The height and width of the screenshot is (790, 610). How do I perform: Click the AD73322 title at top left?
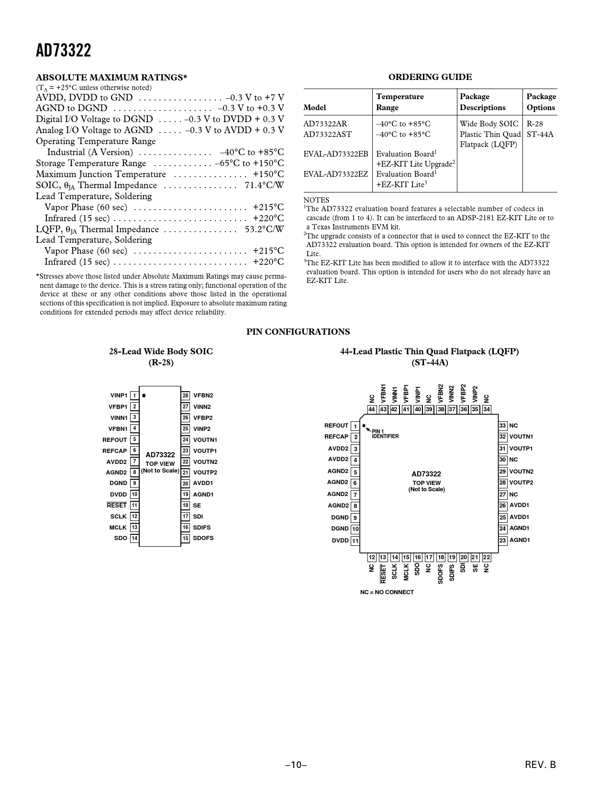coord(63,50)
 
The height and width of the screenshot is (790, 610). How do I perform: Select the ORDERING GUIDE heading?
coord(430,77)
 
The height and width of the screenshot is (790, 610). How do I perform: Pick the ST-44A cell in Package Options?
coord(540,134)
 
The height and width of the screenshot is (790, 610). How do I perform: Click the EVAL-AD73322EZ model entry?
coord(336,174)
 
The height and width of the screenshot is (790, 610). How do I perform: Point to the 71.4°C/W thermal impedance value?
coord(264,185)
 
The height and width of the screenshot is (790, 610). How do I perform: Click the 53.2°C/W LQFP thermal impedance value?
coord(264,229)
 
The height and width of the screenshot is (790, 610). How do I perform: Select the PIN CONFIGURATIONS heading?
coord(298,332)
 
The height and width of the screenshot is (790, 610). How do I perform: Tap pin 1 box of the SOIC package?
coord(134,395)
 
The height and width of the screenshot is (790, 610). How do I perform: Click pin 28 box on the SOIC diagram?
coord(186,395)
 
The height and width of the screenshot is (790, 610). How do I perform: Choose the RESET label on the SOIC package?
coord(117,505)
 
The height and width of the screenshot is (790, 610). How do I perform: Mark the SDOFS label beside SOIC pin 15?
coord(203,538)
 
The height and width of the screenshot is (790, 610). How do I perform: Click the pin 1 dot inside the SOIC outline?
coord(144,396)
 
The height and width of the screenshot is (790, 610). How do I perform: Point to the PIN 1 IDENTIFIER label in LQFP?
coord(385,434)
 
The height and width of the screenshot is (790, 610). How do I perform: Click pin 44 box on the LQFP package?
coord(372,409)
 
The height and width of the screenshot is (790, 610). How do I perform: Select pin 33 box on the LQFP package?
coord(502,426)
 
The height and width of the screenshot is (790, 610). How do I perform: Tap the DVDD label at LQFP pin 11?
coord(340,541)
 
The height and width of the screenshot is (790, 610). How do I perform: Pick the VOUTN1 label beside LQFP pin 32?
coord(521,437)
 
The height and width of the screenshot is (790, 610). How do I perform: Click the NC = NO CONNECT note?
coord(387,592)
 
